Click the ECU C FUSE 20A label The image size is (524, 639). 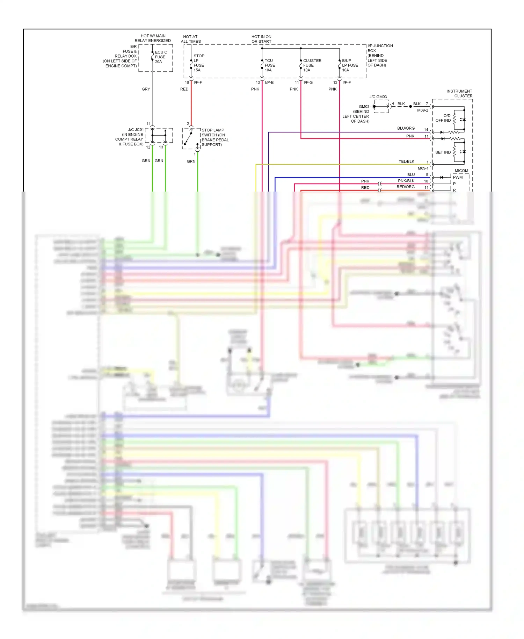(161, 57)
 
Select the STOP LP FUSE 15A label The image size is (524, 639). (199, 63)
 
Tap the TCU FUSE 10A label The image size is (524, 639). (269, 65)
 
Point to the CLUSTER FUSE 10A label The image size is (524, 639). (312, 65)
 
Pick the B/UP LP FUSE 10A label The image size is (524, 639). (350, 65)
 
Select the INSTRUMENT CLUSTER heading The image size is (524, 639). (459, 93)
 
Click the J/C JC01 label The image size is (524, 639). (136, 130)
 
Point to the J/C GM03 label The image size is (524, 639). (378, 97)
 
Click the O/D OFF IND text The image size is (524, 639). (443, 118)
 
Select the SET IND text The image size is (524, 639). (443, 152)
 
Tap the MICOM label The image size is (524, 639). (461, 171)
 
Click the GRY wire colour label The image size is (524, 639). (146, 89)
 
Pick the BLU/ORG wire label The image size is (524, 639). (406, 128)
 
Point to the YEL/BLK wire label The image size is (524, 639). (406, 161)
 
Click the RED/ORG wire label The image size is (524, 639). (405, 187)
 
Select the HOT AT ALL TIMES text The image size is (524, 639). (191, 39)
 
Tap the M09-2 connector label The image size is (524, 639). (422, 110)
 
